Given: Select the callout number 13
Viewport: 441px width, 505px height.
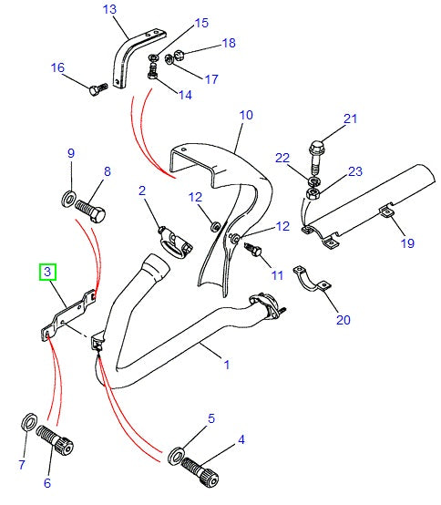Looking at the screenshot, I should click(109, 10).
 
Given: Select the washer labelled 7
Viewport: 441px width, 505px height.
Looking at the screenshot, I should click(28, 422).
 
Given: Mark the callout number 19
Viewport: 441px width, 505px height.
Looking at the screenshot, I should click(407, 242).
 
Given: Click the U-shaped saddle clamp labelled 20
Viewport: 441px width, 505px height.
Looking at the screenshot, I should click(313, 283).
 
